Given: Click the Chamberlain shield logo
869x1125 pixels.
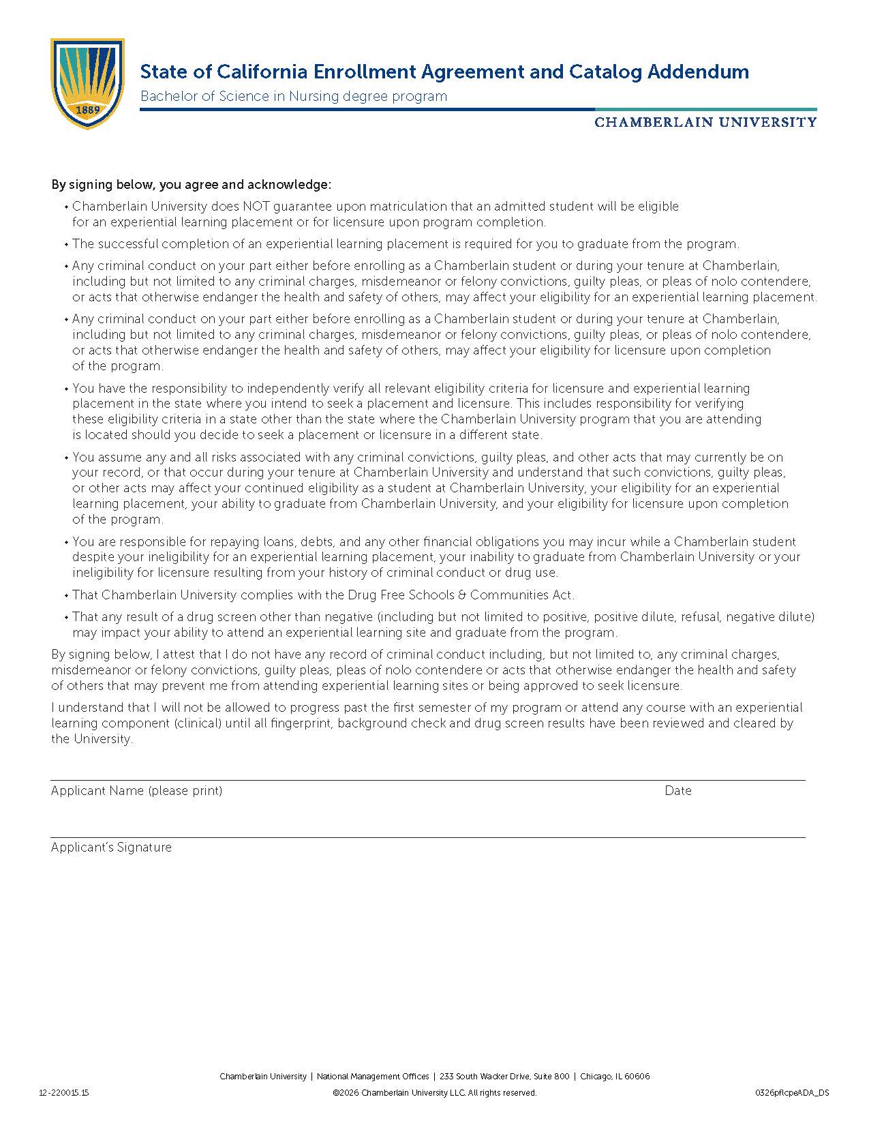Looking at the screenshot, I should pos(87,82).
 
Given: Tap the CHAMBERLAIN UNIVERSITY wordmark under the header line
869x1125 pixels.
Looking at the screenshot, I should pos(705,122).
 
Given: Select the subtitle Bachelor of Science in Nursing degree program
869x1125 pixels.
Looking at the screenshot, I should pos(294,96).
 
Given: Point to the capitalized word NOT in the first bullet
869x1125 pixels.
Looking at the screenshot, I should pos(257,206).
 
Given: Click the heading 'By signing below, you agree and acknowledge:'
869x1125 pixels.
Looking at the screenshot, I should pos(191,185).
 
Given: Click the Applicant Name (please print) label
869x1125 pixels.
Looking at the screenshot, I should pos(136,790).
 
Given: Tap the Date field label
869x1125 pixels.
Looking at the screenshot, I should pos(678,790).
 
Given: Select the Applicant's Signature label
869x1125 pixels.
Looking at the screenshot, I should pos(111,847).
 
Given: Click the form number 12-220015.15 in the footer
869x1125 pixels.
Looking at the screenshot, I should pos(64,1092).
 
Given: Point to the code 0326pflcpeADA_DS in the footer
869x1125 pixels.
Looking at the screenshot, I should pos(792,1092).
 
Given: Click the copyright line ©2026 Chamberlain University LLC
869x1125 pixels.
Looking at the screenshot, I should pos(434,1092).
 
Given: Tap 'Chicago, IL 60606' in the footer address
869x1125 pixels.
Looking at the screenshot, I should pos(615,1077).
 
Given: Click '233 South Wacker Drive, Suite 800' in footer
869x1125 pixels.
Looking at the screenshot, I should pos(504,1077).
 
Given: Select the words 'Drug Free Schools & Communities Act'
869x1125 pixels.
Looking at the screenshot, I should pos(460,595).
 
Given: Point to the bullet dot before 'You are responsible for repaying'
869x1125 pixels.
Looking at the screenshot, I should pos(66,542).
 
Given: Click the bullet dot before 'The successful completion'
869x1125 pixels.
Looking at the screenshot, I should pos(66,244).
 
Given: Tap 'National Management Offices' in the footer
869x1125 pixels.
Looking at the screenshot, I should pos(373,1077).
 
